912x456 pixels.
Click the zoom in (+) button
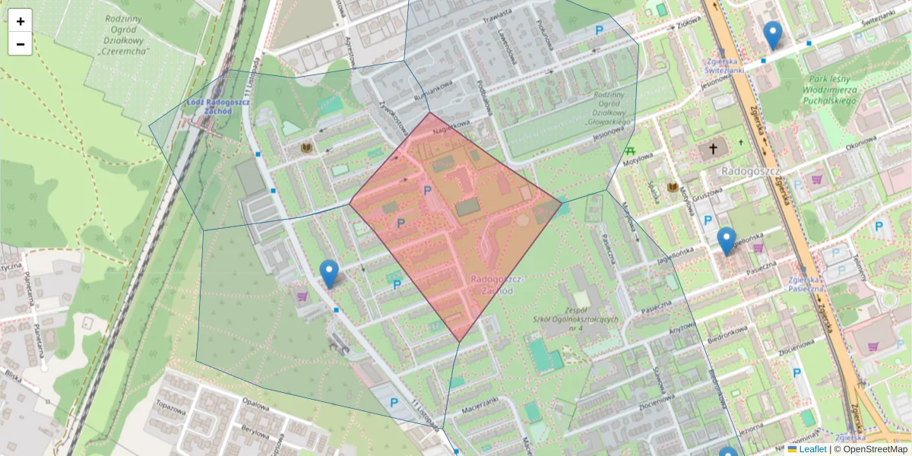[21, 21]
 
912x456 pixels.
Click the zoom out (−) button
[21, 44]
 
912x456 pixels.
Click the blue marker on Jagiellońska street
[727, 241]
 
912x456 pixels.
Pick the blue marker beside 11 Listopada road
[329, 274]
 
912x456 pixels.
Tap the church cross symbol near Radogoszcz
[712, 149]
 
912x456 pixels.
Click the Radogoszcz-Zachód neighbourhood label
[492, 284]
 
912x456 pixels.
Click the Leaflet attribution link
[812, 449]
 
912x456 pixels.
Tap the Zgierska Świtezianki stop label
[724, 65]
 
